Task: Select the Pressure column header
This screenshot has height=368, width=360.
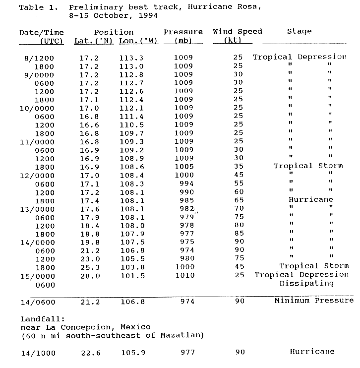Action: pyautogui.click(x=183, y=32)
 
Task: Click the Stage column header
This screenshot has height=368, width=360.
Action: pyautogui.click(x=299, y=31)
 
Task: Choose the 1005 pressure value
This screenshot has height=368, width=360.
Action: pyautogui.click(x=183, y=166)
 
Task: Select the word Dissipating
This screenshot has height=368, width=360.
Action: pyautogui.click(x=307, y=284)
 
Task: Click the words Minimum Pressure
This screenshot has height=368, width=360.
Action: pyautogui.click(x=314, y=301)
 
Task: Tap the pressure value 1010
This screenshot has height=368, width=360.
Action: pyautogui.click(x=183, y=275)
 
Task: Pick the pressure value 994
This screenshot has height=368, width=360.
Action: pyautogui.click(x=185, y=183)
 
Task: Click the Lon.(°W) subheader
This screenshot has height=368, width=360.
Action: pyautogui.click(x=138, y=40)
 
